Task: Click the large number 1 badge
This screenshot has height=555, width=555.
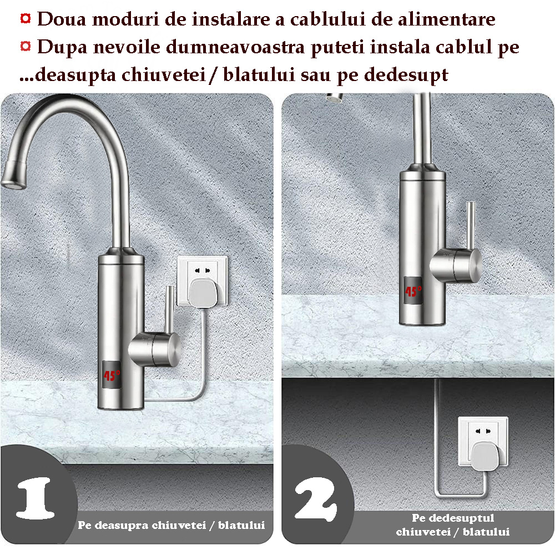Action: pyautogui.click(x=36, y=498)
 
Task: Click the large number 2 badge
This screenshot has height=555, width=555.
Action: pyautogui.click(x=316, y=499)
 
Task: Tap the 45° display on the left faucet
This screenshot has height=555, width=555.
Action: pyautogui.click(x=112, y=375)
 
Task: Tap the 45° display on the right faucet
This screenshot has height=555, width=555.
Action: pyautogui.click(x=413, y=291)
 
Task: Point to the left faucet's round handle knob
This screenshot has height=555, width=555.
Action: pyautogui.click(x=156, y=350)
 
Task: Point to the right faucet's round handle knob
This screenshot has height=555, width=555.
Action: pyautogui.click(x=457, y=265)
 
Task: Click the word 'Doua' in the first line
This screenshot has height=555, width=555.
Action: pyautogui.click(x=62, y=19)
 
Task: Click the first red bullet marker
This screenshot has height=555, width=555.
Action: pyautogui.click(x=26, y=18)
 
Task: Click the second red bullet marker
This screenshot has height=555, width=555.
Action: pyautogui.click(x=26, y=46)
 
